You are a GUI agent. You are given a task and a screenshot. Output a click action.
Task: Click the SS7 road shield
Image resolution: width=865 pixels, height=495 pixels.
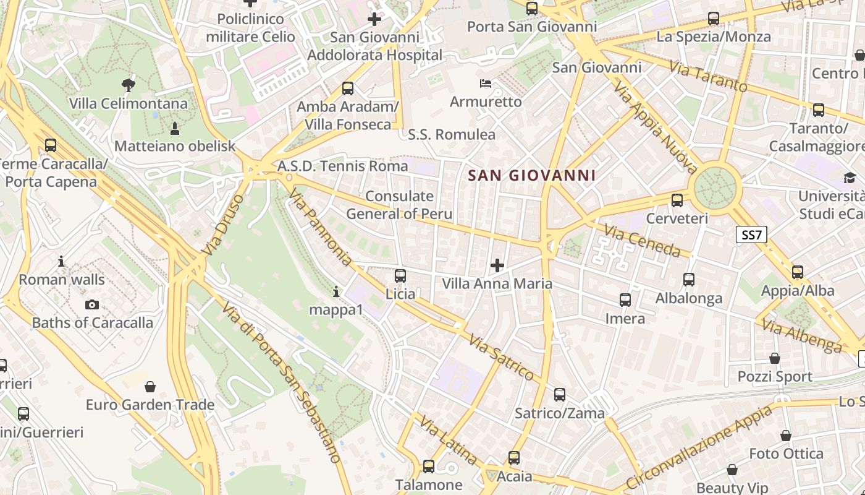point(752,235)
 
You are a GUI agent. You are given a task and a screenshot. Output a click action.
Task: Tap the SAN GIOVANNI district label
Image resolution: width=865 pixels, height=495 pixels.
point(532,176)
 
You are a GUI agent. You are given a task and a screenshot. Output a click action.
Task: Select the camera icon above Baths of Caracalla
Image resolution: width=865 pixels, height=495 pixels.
point(92,304)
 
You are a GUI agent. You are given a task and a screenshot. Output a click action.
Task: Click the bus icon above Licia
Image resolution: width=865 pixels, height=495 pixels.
point(400,276)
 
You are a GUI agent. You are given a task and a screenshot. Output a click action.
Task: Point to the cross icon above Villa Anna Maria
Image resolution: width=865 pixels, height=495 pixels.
point(497,266)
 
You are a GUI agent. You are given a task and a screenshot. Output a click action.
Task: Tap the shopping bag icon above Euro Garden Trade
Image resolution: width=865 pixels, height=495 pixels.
point(150,387)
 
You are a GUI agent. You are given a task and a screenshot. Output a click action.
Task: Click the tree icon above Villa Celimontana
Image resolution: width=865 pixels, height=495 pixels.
point(129,85)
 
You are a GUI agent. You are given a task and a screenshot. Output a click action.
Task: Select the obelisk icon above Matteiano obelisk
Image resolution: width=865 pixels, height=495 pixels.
point(175,128)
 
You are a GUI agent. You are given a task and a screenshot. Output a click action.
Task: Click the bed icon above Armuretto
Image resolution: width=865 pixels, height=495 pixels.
point(486,84)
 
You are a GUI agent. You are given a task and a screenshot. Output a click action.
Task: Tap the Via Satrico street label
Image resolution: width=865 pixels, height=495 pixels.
point(500,357)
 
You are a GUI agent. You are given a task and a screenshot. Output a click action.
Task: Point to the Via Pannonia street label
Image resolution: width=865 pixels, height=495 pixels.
point(320,228)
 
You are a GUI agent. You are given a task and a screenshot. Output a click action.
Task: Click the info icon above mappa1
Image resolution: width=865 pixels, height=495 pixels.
point(336,291)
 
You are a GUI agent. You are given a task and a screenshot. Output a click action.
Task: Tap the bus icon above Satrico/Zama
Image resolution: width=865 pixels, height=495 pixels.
point(560,395)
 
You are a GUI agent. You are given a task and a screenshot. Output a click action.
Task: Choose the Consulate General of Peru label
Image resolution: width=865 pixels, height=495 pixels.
point(399,205)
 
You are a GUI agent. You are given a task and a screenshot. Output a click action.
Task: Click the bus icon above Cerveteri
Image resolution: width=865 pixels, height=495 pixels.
point(677,200)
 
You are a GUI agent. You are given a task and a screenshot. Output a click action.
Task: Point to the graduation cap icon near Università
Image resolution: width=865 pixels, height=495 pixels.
point(850,179)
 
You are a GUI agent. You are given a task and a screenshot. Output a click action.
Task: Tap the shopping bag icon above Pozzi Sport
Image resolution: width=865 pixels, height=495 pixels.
point(775,358)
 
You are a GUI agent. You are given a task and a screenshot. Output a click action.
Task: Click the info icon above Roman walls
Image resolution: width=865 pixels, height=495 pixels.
point(61,261)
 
